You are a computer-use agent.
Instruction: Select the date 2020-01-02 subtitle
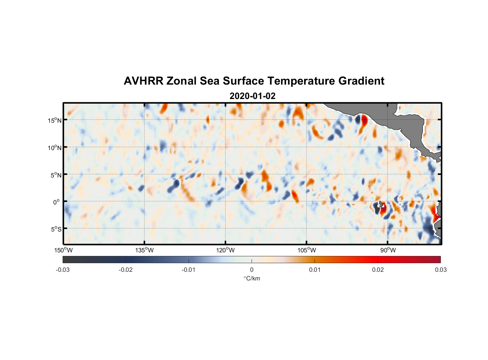(x=252, y=96)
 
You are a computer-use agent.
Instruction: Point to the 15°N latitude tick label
(x=55, y=120)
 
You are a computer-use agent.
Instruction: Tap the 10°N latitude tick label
(x=55, y=148)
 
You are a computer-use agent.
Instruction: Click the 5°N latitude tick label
(x=56, y=175)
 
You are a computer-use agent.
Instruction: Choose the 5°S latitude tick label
(x=56, y=229)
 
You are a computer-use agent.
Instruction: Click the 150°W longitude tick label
(x=64, y=250)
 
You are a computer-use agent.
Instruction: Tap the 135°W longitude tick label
(x=145, y=250)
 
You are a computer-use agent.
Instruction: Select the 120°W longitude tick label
(x=226, y=250)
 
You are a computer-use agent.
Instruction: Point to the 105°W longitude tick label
(x=307, y=250)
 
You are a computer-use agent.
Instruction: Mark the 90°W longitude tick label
(x=388, y=250)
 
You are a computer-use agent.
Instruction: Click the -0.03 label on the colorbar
(x=63, y=270)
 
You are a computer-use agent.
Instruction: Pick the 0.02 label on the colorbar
(x=378, y=270)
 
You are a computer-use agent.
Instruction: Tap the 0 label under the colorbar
(x=252, y=270)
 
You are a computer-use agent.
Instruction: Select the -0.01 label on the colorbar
(x=189, y=270)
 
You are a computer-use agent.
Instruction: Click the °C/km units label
(x=252, y=278)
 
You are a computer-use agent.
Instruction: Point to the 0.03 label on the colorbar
(x=440, y=270)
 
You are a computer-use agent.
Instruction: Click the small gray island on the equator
(x=381, y=204)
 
